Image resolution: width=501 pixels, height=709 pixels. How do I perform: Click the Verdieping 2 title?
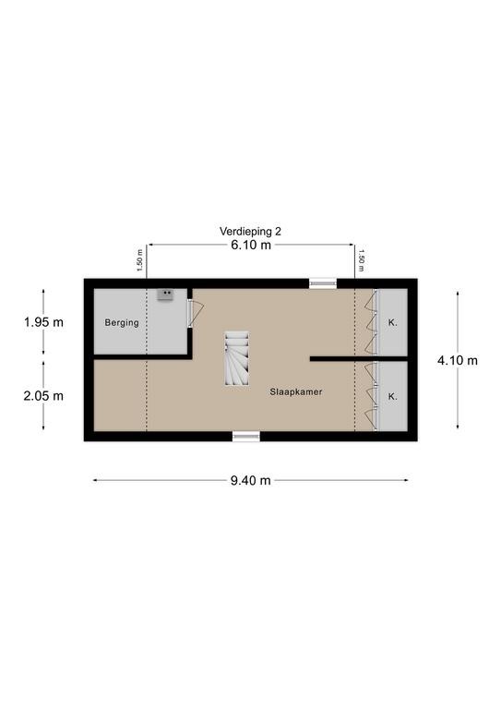click(x=250, y=231)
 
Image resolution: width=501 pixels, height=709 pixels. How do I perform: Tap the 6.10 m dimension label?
click(x=251, y=245)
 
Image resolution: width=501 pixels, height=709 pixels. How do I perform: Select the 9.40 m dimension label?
click(x=251, y=480)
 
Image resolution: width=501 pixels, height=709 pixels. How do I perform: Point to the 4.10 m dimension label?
click(x=458, y=360)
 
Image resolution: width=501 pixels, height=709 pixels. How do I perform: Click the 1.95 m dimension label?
click(x=43, y=322)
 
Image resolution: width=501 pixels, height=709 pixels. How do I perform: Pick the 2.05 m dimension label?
click(x=43, y=396)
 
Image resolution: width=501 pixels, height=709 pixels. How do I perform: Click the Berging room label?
click(x=122, y=323)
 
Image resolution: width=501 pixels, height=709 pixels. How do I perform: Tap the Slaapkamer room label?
click(x=296, y=392)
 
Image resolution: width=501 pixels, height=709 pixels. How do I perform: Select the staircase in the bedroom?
click(x=237, y=358)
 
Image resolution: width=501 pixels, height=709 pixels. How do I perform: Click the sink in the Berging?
click(x=166, y=294)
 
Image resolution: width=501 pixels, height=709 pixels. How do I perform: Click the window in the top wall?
click(x=323, y=283)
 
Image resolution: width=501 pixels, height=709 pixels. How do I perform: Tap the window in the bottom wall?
click(x=246, y=436)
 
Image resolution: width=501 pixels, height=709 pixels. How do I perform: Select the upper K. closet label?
click(x=392, y=323)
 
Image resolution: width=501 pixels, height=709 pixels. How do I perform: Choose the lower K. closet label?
click(x=392, y=397)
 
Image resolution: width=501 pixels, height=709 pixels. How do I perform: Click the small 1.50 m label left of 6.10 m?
click(x=139, y=260)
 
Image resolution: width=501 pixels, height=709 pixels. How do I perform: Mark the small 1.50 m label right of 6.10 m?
click(x=361, y=260)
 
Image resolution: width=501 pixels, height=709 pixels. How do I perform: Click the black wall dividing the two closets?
click(x=359, y=358)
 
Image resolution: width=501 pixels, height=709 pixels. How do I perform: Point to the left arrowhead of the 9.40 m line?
click(x=94, y=480)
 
